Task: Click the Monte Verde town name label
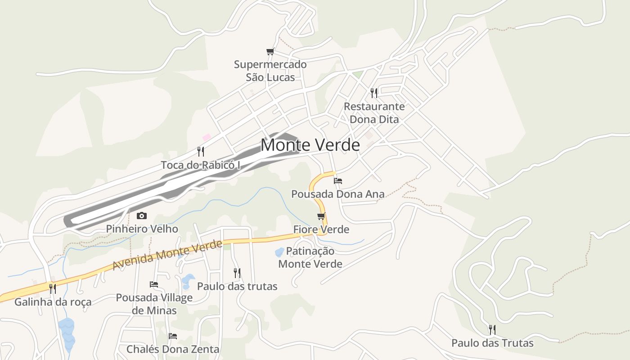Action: click(310, 145)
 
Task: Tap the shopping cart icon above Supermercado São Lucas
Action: click(270, 52)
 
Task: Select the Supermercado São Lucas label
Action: click(270, 71)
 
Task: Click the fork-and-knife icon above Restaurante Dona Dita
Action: click(374, 93)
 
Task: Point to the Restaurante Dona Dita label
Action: click(374, 113)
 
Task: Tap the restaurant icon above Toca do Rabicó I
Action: click(201, 152)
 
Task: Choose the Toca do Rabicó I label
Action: click(201, 165)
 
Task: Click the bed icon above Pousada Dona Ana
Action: click(338, 181)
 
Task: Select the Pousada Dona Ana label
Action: click(338, 194)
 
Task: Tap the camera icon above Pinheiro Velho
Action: click(142, 216)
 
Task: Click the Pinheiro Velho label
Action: click(142, 229)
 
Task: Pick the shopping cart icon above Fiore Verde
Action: click(321, 216)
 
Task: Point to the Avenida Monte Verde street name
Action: click(167, 255)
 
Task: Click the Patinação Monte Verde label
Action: click(310, 257)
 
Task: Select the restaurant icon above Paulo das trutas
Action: click(237, 273)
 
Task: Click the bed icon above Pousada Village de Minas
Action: click(154, 284)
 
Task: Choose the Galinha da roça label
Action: click(53, 302)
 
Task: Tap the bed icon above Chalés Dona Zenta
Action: click(172, 336)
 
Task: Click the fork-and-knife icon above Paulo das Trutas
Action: click(492, 330)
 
